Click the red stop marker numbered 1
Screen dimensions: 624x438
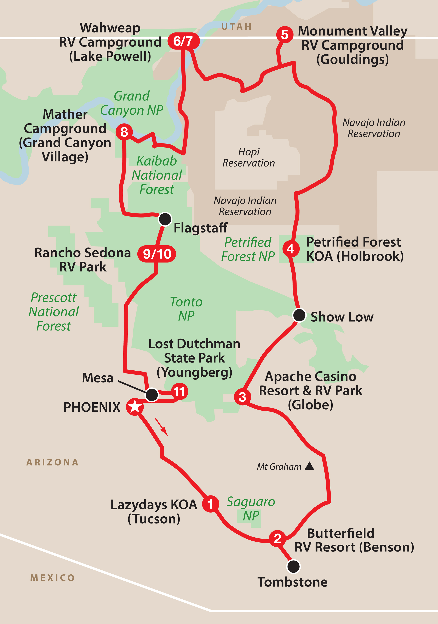[x=210, y=504]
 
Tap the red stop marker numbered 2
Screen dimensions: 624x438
[x=277, y=538]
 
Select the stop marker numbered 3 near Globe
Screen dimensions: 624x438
[x=242, y=397]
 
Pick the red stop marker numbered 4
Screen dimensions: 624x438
[x=291, y=248]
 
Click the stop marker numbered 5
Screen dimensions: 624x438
[x=284, y=35]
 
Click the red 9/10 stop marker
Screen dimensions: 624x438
[x=157, y=254]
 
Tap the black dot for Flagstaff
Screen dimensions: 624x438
[x=165, y=219]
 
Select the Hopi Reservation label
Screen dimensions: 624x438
[x=249, y=157]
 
